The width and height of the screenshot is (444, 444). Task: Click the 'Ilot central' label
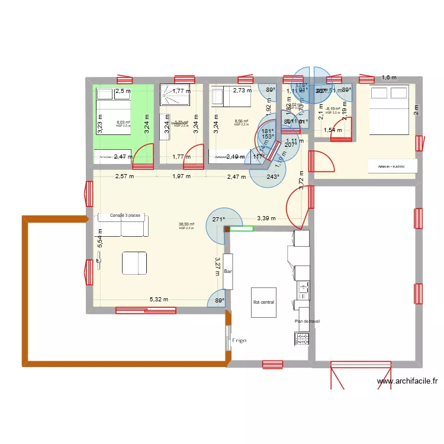click(x=263, y=303)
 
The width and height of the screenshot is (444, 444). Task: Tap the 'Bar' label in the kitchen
click(x=229, y=272)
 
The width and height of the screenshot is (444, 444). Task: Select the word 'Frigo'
click(x=239, y=340)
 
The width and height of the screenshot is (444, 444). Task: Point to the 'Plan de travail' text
click(x=307, y=321)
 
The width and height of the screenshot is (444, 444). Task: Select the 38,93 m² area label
click(x=186, y=224)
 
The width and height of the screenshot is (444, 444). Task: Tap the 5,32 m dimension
click(x=158, y=300)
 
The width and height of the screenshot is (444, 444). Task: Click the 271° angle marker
click(x=219, y=220)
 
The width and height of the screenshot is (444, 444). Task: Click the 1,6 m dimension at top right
click(x=388, y=78)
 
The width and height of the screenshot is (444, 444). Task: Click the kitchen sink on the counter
click(x=303, y=289)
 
